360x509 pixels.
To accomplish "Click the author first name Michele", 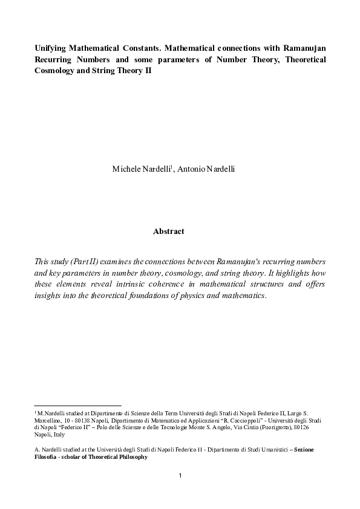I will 127,169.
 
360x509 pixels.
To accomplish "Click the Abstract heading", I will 169,231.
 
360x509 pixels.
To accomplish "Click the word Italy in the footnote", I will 59,434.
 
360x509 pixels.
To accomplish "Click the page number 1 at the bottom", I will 180,475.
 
